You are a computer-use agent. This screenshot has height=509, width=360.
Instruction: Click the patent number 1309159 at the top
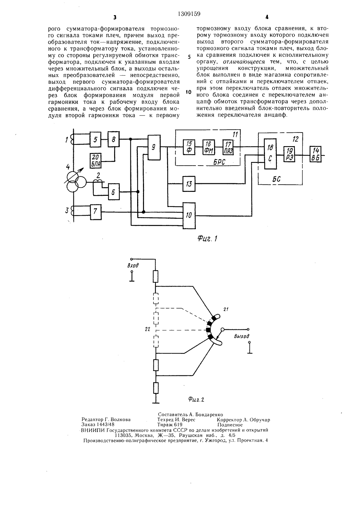(x=189, y=14)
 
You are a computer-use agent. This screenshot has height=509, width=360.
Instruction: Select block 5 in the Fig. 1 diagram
(x=96, y=139)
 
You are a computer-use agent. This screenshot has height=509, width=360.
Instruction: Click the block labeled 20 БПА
(x=96, y=161)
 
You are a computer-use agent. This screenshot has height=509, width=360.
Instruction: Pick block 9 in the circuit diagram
(x=154, y=148)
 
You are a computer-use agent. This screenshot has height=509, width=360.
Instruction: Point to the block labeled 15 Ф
(x=189, y=147)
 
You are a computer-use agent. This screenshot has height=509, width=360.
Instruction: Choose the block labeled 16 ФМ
(x=209, y=147)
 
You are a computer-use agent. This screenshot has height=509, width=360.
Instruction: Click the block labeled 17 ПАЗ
(x=228, y=147)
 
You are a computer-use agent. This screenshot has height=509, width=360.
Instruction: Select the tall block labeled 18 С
(x=270, y=154)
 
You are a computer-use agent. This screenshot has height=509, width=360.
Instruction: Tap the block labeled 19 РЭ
(x=289, y=154)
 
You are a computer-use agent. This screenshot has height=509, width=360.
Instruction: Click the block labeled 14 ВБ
(x=316, y=154)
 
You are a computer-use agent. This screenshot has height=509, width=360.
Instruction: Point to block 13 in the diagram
(x=189, y=184)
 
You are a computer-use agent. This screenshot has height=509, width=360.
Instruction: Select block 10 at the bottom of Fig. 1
(x=189, y=215)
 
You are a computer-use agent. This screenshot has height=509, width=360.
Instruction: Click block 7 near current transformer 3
(x=96, y=212)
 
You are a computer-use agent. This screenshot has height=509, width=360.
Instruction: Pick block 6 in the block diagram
(x=114, y=192)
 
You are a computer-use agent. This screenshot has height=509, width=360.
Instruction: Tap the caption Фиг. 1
(x=207, y=238)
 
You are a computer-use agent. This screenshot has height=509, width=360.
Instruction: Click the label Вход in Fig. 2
(x=133, y=265)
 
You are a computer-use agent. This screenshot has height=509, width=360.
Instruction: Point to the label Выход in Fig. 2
(x=242, y=336)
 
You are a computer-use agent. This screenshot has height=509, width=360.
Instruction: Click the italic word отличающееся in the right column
(x=244, y=62)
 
